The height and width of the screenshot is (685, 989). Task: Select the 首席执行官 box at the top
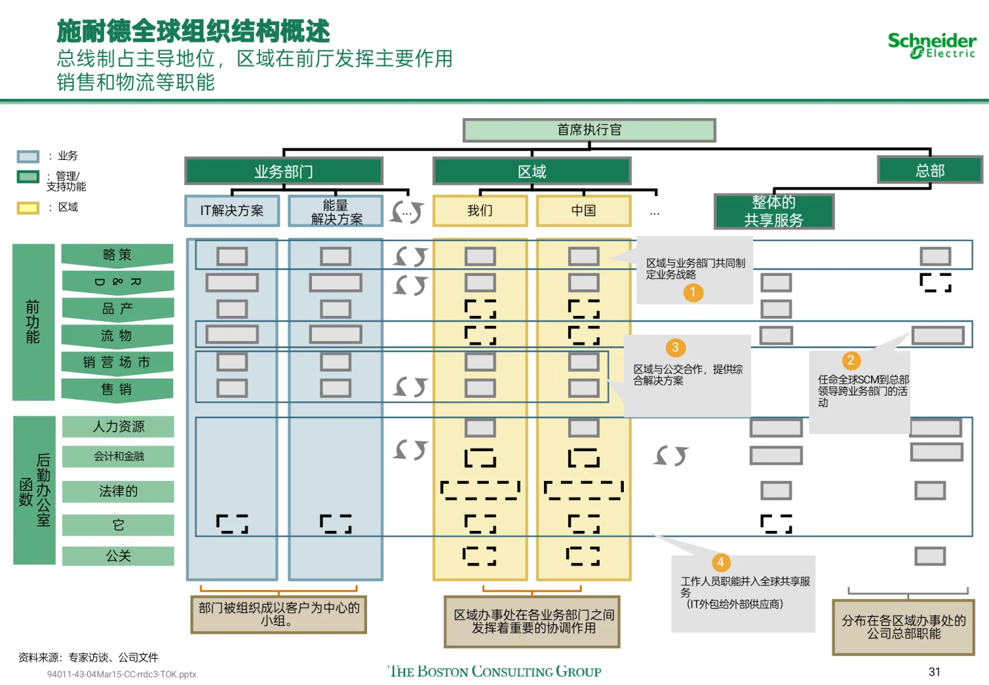(x=589, y=130)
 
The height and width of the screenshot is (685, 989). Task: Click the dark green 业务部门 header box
(x=283, y=171)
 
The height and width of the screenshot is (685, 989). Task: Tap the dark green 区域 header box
(x=531, y=171)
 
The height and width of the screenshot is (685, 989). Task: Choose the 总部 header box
(x=929, y=170)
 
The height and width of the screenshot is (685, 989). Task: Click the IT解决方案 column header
(x=232, y=211)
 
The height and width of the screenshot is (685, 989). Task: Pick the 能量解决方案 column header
(x=336, y=211)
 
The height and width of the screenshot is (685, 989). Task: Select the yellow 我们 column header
(x=480, y=211)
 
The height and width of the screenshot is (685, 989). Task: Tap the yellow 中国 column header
(x=583, y=211)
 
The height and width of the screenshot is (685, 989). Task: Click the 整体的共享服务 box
(x=773, y=211)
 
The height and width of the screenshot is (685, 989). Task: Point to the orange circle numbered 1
(x=693, y=292)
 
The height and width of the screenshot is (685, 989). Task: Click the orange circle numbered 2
(x=851, y=361)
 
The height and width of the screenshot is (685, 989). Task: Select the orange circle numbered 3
(x=675, y=348)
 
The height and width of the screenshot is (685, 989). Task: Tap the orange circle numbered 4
(x=720, y=563)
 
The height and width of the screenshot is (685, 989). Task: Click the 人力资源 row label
(x=119, y=427)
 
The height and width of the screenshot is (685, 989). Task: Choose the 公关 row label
(x=119, y=556)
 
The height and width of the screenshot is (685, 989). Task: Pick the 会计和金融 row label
(x=119, y=457)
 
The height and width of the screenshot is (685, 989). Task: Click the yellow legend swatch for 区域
(x=28, y=207)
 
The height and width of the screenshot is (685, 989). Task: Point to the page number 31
(x=934, y=672)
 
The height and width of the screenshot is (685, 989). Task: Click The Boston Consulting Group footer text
(x=494, y=671)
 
